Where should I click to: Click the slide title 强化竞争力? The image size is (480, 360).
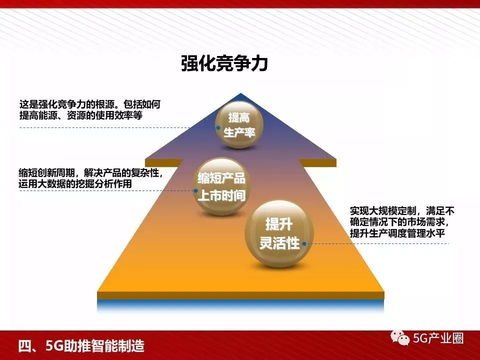(x=224, y=63)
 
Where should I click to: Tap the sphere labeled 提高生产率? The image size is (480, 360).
(x=239, y=125)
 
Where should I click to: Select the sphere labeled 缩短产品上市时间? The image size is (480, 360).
(x=221, y=186)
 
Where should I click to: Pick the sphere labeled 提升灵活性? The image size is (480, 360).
(x=279, y=233)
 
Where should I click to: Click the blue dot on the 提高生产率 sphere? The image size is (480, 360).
(x=218, y=127)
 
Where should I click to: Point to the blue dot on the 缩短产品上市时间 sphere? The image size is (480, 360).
(x=195, y=190)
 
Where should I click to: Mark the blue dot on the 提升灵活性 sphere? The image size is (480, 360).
(x=304, y=243)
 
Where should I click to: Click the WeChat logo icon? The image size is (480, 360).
(x=400, y=337)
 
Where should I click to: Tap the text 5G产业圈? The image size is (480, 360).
(x=438, y=338)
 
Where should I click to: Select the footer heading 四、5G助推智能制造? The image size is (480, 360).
(x=81, y=346)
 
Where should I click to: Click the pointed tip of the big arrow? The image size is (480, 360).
(x=240, y=93)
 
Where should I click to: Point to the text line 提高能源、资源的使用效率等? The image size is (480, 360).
(x=81, y=115)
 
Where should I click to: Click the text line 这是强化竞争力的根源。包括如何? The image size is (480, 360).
(x=89, y=104)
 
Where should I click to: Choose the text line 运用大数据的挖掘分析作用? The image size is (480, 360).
(x=75, y=183)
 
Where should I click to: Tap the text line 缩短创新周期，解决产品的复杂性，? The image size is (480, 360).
(x=90, y=172)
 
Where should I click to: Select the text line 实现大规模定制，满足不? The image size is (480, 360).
(x=402, y=211)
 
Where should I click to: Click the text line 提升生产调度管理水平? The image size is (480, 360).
(x=397, y=233)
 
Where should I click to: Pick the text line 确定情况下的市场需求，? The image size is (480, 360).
(x=400, y=222)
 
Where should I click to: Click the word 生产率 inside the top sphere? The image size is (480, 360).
(x=239, y=132)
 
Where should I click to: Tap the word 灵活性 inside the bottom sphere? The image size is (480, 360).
(x=279, y=243)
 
